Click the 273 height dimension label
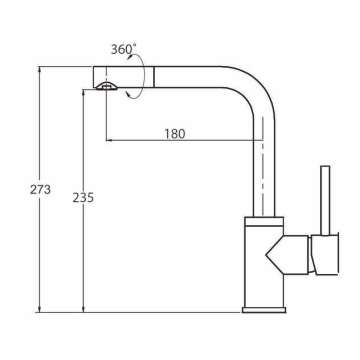tap(40, 190)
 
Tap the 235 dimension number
tap(83, 198)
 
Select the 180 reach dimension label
tap(174, 134)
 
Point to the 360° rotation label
tap(123, 50)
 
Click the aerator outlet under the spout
tap(106, 86)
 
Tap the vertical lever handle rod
tap(325, 200)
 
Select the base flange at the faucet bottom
tap(264, 310)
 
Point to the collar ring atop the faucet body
tap(264, 221)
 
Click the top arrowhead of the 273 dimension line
tap(40, 69)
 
